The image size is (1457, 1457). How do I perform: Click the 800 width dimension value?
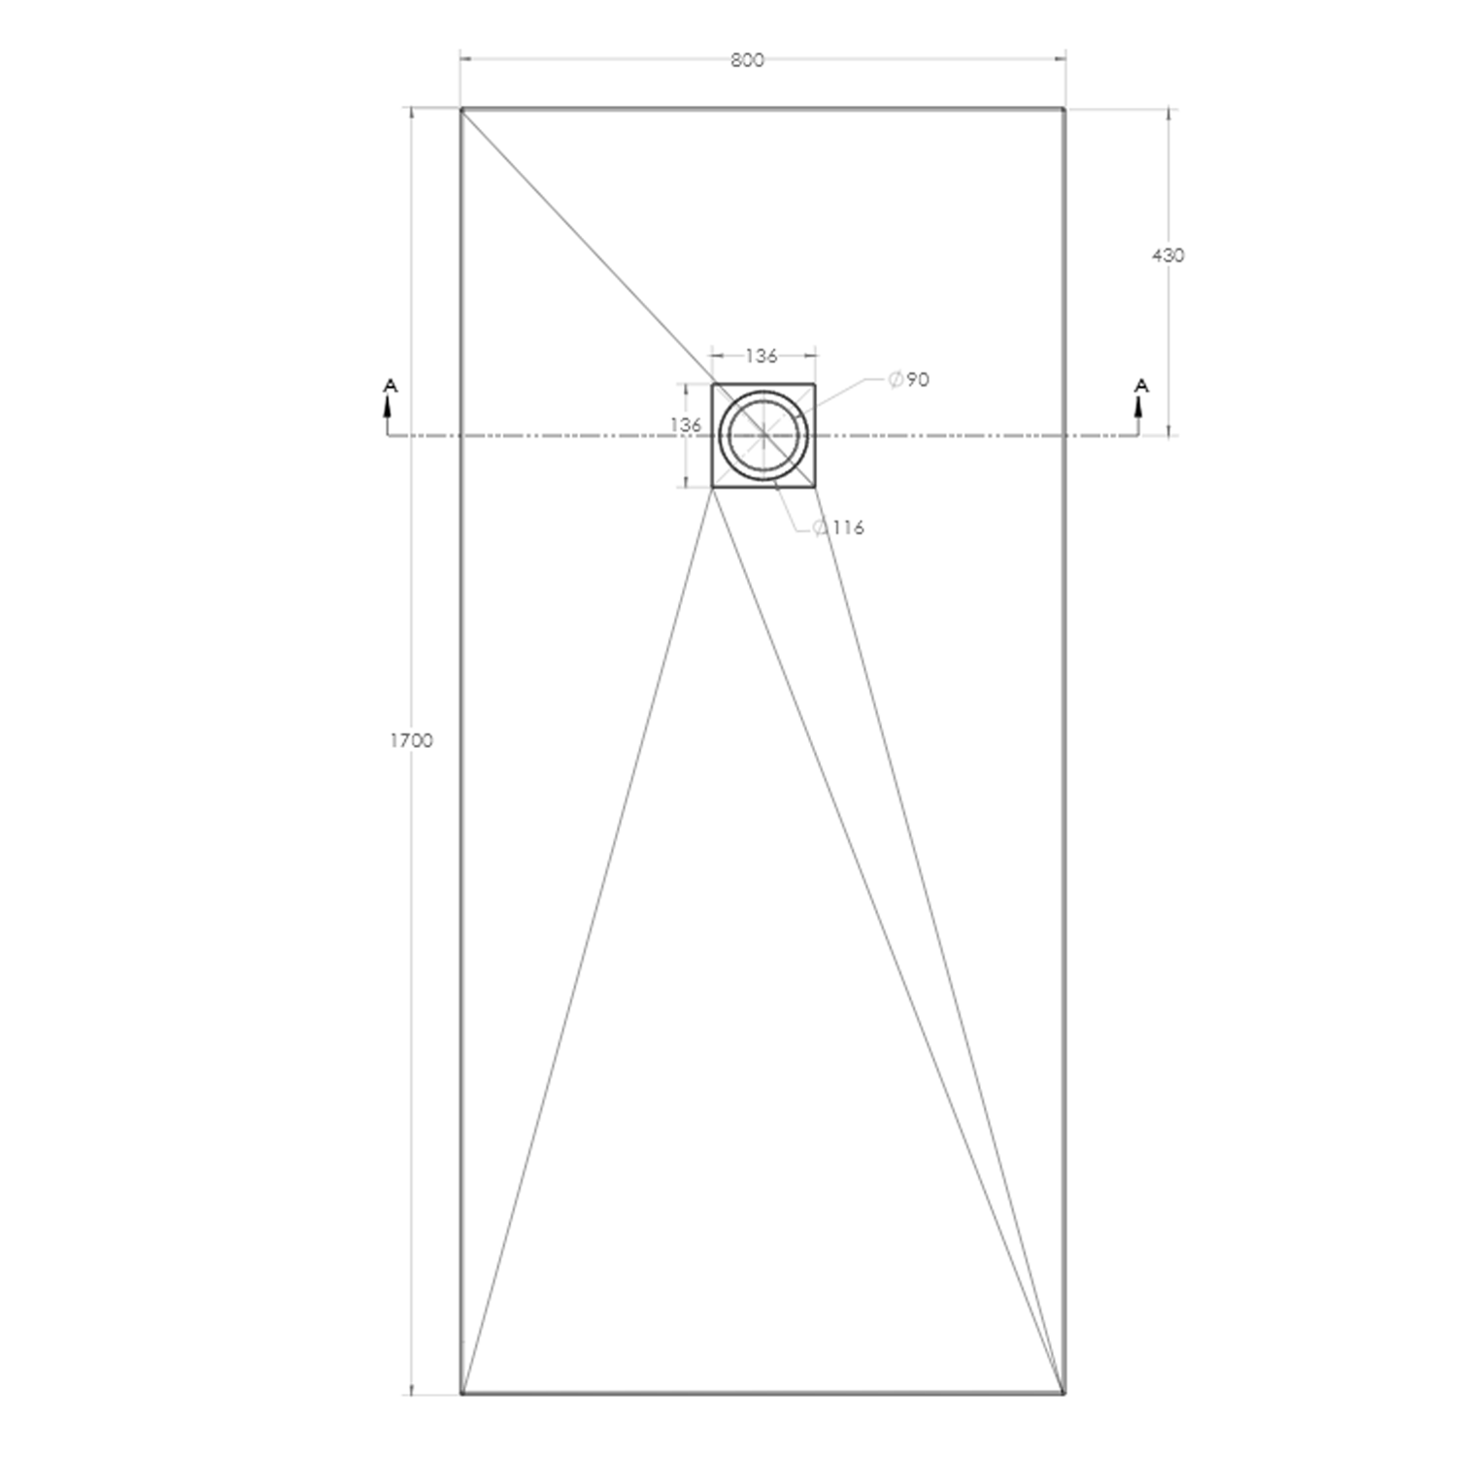(747, 60)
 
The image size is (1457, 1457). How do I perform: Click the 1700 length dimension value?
(411, 741)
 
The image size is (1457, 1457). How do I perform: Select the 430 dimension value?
(1168, 255)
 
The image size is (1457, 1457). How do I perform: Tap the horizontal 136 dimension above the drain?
(762, 356)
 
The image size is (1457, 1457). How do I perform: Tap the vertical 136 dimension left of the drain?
(686, 425)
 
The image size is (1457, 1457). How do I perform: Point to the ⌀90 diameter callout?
(909, 380)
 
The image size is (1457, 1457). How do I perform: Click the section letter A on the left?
(390, 387)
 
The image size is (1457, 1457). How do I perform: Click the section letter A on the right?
(1141, 387)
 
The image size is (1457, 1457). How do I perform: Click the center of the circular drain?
(763, 435)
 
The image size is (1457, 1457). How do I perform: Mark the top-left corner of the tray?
(461, 110)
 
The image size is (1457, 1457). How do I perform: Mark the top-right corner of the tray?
(1065, 110)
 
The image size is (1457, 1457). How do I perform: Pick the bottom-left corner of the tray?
(461, 1394)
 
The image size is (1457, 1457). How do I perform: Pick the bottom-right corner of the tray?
(1065, 1394)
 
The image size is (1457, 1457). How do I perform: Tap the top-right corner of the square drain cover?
(814, 385)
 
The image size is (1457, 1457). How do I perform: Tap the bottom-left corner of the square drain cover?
(713, 487)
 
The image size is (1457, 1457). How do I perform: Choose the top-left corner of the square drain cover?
(713, 385)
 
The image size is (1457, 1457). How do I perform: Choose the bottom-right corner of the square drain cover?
(814, 487)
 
